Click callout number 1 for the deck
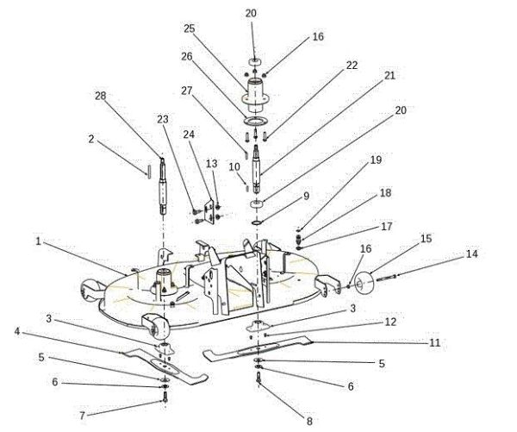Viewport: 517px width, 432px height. (39, 242)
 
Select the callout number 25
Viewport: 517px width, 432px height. (190, 28)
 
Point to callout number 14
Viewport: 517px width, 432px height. (470, 254)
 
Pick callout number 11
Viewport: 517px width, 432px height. (435, 342)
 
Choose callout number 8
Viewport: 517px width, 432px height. (308, 421)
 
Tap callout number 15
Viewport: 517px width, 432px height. (426, 237)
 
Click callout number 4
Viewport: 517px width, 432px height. (16, 330)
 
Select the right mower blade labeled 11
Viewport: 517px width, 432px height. (258, 352)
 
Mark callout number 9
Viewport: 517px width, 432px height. (305, 196)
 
